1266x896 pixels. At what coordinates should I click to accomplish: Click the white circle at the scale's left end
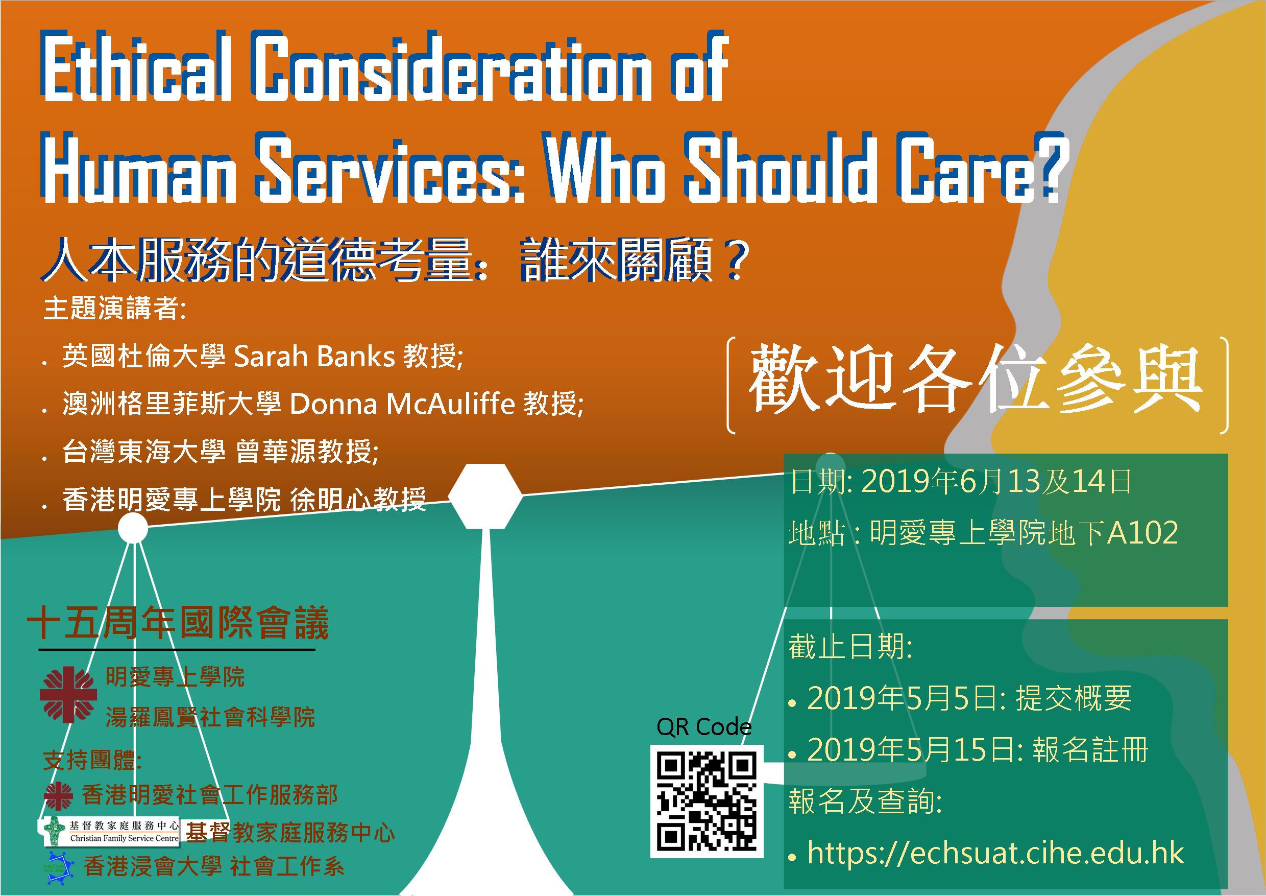[x=133, y=528]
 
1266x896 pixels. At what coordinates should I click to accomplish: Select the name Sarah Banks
[x=314, y=357]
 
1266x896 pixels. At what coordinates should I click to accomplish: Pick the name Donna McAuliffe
[x=402, y=405]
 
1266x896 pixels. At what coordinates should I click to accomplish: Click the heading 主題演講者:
[x=115, y=308]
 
